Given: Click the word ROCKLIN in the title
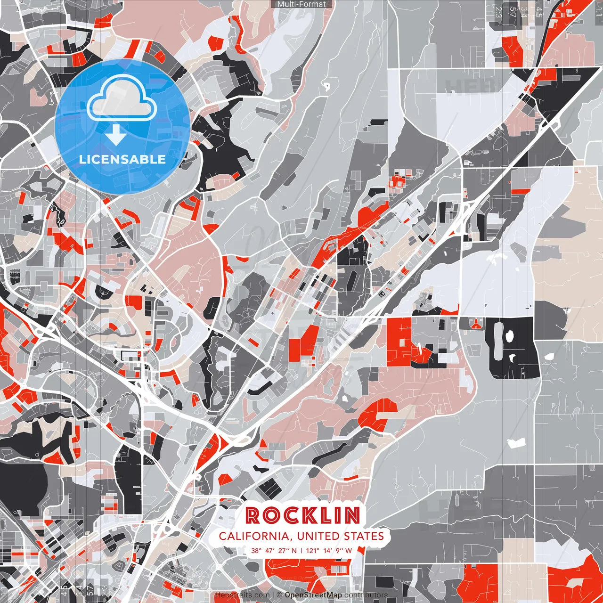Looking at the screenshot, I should pyautogui.click(x=303, y=516).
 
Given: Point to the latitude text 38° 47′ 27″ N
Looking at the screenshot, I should pyautogui.click(x=274, y=550).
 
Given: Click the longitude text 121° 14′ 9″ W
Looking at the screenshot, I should pyautogui.click(x=329, y=550).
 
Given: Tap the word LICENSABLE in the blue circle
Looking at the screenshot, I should pyautogui.click(x=122, y=159).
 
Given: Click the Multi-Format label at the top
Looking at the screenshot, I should pyautogui.click(x=301, y=4).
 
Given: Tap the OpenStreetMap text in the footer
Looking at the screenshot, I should pyautogui.click(x=313, y=595).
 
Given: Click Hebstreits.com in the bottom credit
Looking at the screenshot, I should pyautogui.click(x=243, y=595).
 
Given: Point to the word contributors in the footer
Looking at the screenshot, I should pyautogui.click(x=366, y=595).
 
